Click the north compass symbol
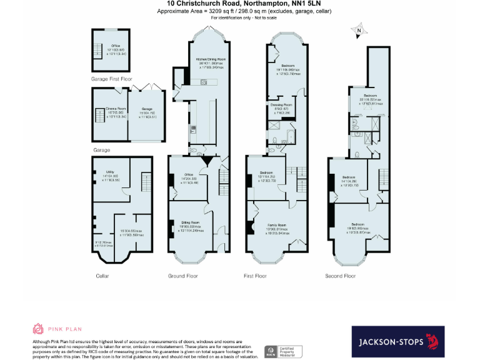pyautogui.click(x=359, y=29)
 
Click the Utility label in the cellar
pyautogui.click(x=110, y=174)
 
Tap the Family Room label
pyautogui.click(x=277, y=227)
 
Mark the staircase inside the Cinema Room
pyautogui.click(x=99, y=115)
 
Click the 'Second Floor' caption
pyautogui.click(x=341, y=276)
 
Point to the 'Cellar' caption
pyautogui.click(x=103, y=276)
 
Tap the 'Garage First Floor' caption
pyautogui.click(x=112, y=79)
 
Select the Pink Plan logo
pyautogui.click(x=57, y=329)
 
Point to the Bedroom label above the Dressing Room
pyautogui.click(x=287, y=67)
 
